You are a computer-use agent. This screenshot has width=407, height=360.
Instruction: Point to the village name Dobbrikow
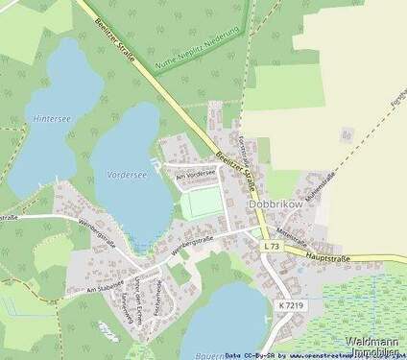pos(276,204)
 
